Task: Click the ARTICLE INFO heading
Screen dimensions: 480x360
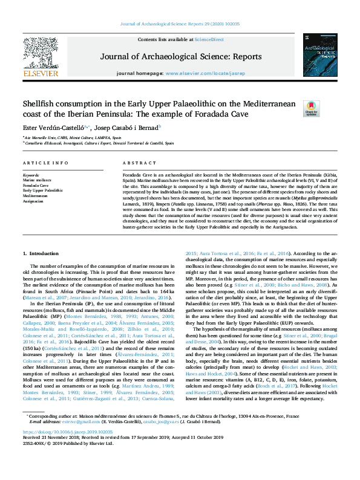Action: click(45, 164)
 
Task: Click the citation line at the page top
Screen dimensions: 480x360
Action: click(180, 23)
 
